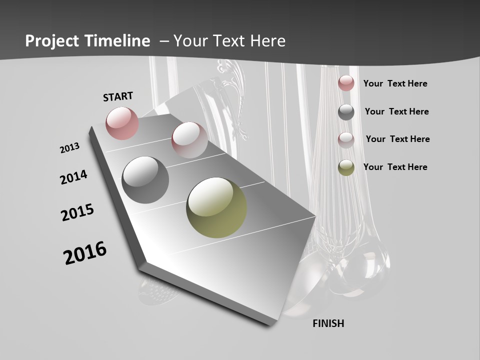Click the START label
(x=118, y=96)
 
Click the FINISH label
(x=328, y=323)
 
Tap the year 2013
(x=69, y=147)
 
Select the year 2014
(x=73, y=177)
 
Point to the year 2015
(x=77, y=212)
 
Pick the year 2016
(x=85, y=252)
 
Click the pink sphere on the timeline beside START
(x=122, y=123)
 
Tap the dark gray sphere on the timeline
(x=145, y=179)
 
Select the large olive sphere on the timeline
(x=216, y=207)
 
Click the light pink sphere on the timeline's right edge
(x=189, y=139)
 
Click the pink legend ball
(x=346, y=83)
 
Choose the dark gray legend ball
(x=346, y=112)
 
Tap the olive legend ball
(x=346, y=167)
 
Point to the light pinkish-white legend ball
(x=346, y=140)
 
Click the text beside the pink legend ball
(x=395, y=83)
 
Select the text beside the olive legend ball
(x=395, y=167)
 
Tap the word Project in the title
(x=52, y=41)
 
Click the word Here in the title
(x=267, y=41)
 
